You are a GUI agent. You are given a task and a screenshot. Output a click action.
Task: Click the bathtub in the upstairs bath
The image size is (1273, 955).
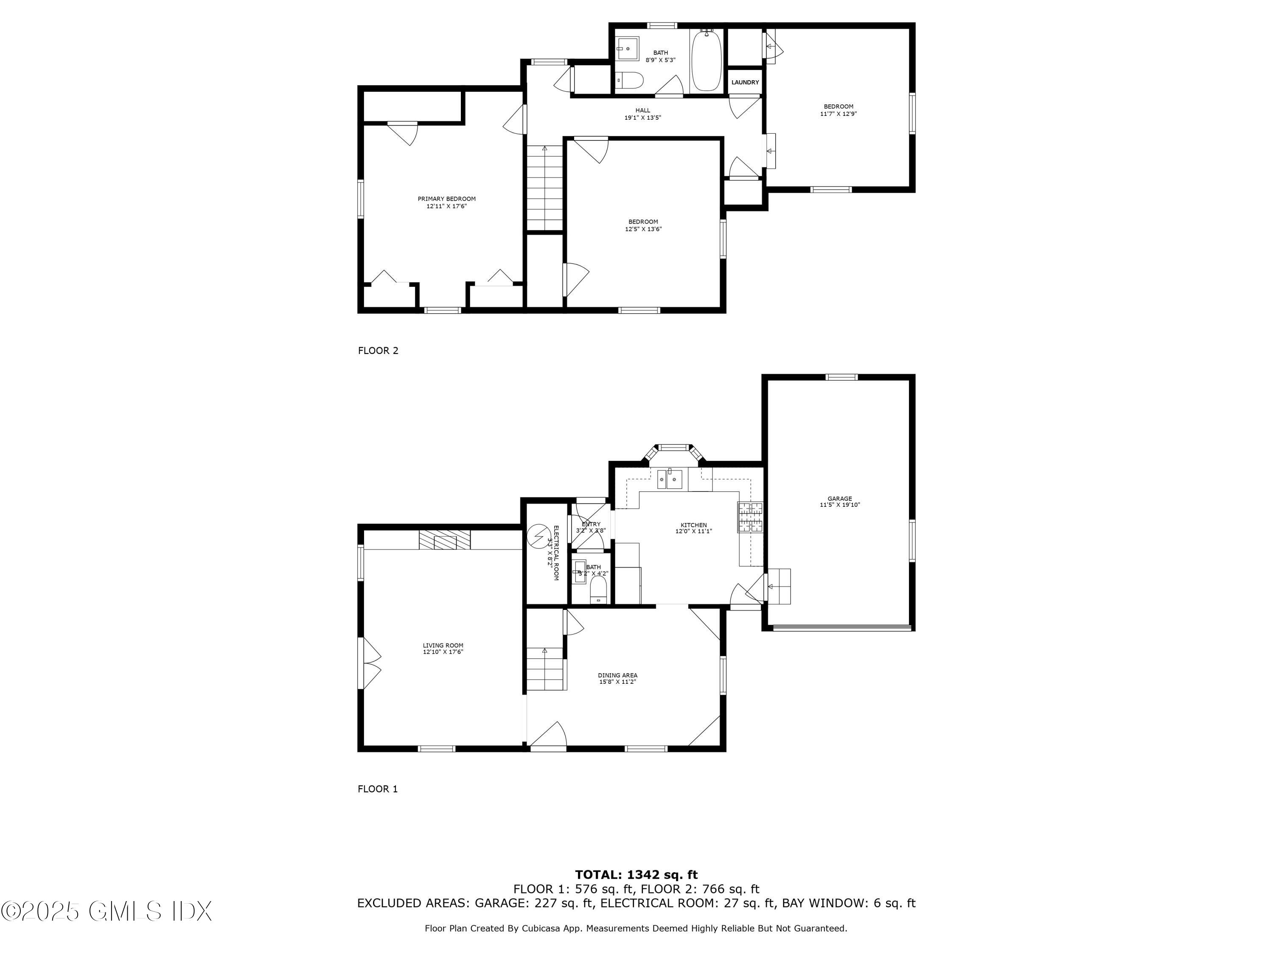[x=706, y=62]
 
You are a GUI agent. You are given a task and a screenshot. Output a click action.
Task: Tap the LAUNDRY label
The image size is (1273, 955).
[x=745, y=82]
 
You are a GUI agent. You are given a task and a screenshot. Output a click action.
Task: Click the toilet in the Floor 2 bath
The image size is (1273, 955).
[x=628, y=80]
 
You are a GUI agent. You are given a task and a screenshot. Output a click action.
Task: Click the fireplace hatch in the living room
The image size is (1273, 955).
[x=444, y=541]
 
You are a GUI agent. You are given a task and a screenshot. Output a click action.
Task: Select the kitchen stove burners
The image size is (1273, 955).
[x=750, y=517]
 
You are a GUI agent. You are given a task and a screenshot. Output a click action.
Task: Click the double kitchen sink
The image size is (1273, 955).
[x=670, y=478]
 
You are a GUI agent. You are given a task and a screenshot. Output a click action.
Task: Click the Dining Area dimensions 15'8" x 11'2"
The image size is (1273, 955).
[x=617, y=682]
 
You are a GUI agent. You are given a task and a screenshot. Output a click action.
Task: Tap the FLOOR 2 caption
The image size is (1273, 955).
[x=378, y=351]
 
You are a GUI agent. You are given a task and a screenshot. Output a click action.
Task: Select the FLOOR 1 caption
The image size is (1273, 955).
[x=378, y=789]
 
